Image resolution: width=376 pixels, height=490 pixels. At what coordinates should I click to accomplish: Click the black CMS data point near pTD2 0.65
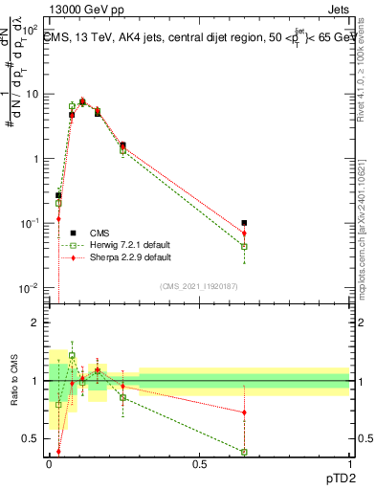pos(244,223)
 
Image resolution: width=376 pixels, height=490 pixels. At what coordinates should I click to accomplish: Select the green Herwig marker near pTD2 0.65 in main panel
pos(244,246)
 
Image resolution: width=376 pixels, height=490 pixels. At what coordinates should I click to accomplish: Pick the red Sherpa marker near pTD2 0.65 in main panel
pos(244,234)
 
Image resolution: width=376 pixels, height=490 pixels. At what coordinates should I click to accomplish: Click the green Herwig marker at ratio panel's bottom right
pos(244,452)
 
